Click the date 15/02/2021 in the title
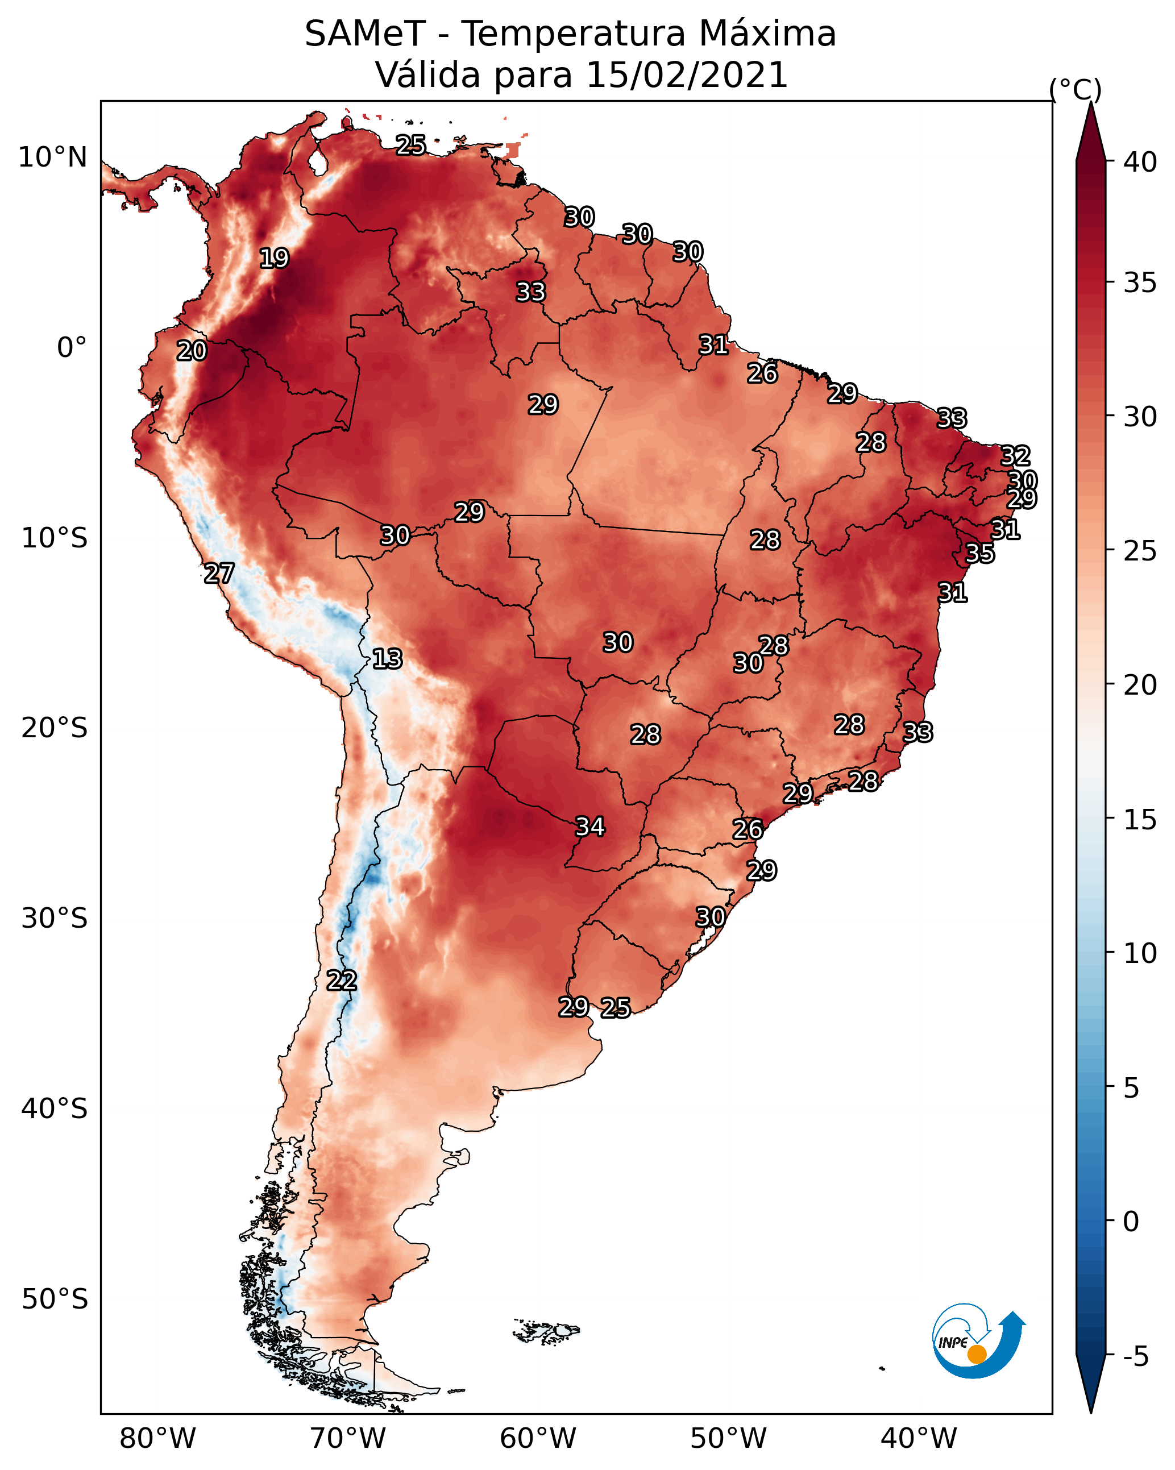point(687,75)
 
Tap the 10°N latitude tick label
point(52,157)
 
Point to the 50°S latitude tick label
point(55,1299)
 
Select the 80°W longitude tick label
point(157,1439)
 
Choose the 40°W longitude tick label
point(919,1439)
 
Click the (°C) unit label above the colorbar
point(1075,89)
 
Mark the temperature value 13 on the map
point(387,659)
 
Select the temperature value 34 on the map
point(591,827)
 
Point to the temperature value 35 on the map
point(980,553)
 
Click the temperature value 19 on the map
point(274,259)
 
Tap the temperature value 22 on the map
point(342,981)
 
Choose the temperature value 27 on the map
point(219,574)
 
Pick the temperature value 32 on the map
point(1015,455)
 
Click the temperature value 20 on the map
point(192,351)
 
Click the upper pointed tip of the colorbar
point(1090,102)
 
